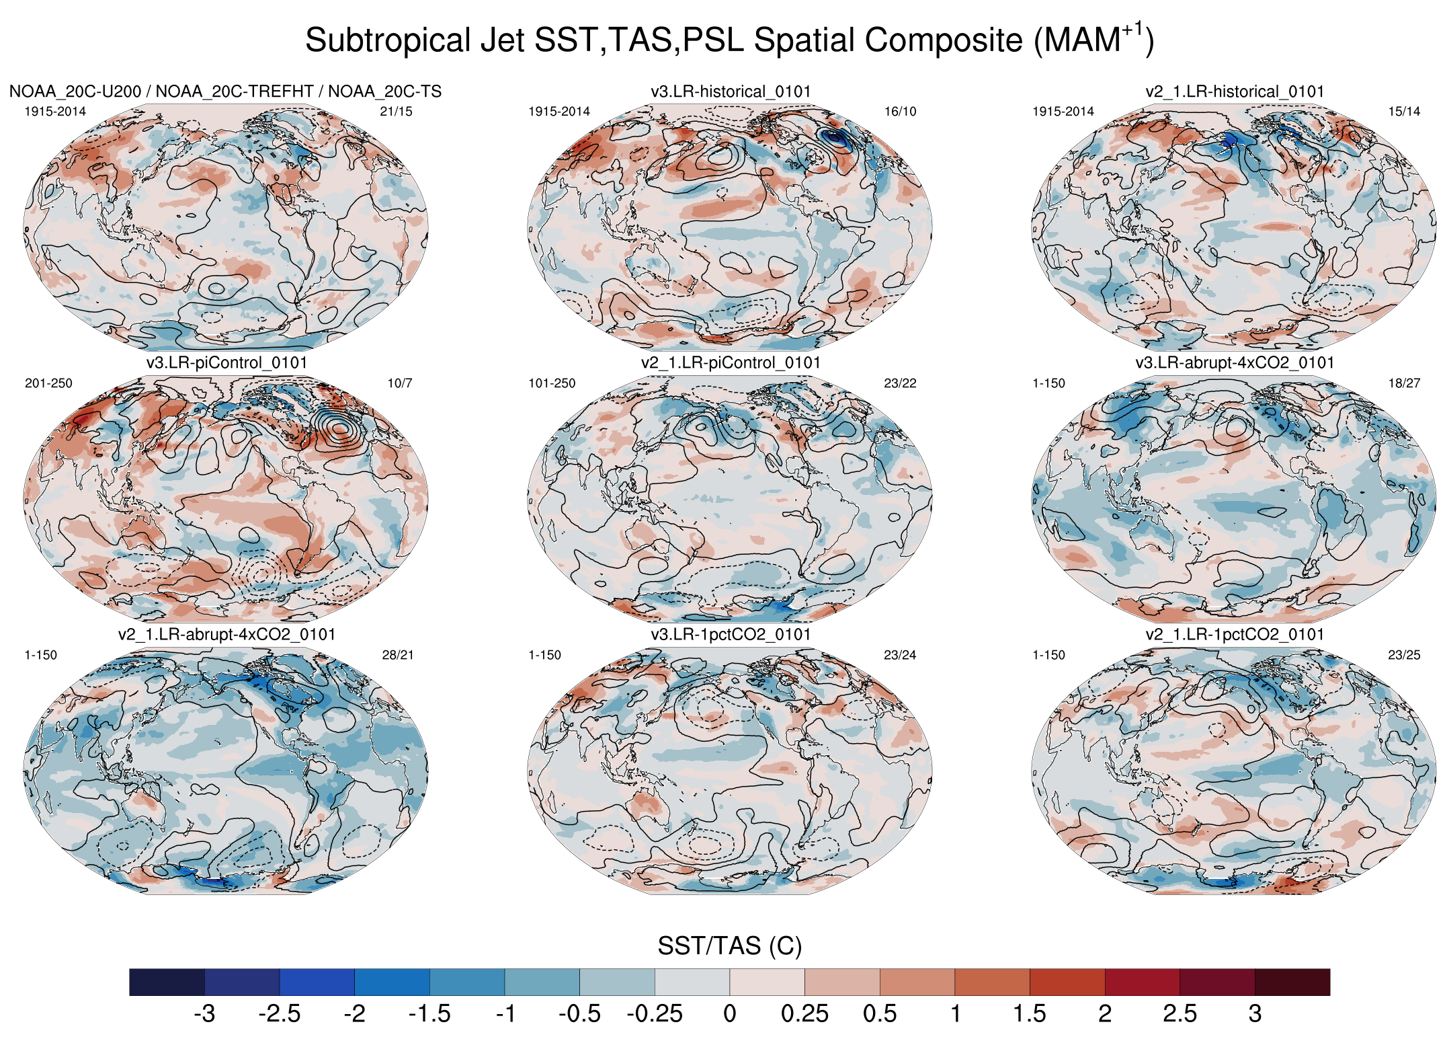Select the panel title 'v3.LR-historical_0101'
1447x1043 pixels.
tap(731, 91)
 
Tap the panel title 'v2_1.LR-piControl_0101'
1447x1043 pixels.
tap(731, 363)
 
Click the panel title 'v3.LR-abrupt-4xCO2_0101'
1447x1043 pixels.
tap(1235, 363)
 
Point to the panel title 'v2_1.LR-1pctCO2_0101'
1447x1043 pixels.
tap(1235, 635)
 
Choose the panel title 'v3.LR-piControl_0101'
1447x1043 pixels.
tap(226, 363)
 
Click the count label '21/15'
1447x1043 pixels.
tap(396, 112)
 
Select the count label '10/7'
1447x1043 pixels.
tap(400, 383)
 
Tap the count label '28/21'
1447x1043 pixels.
tap(398, 655)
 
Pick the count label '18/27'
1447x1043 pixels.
tap(1404, 383)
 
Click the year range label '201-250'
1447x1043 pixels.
tap(48, 383)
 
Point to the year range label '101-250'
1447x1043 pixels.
tap(552, 383)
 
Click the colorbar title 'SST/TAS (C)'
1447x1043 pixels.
tap(729, 946)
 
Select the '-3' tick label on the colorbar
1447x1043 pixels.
tap(204, 1013)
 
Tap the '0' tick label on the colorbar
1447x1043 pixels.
tap(730, 1013)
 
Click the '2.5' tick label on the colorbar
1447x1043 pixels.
tap(1180, 1013)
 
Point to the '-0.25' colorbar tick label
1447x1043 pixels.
tap(654, 1013)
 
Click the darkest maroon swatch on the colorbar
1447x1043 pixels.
tap(1292, 982)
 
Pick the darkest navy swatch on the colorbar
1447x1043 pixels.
tap(167, 982)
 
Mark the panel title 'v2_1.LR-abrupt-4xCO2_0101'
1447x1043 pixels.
tap(226, 635)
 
